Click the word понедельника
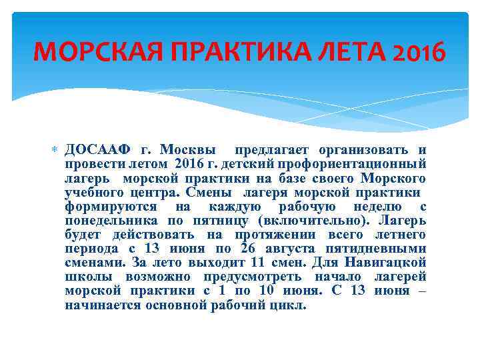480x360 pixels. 111,220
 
